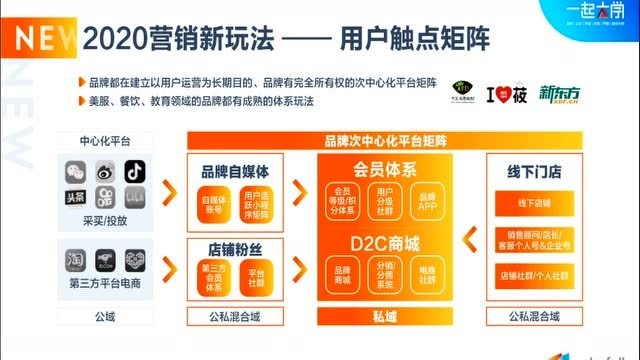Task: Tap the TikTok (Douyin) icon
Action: tap(134, 170)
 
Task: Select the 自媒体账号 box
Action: tap(213, 205)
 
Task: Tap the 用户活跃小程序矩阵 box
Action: tap(256, 205)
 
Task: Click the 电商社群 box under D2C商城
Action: tap(427, 274)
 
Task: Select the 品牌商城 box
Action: tap(342, 274)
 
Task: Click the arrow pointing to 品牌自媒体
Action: tap(170, 187)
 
